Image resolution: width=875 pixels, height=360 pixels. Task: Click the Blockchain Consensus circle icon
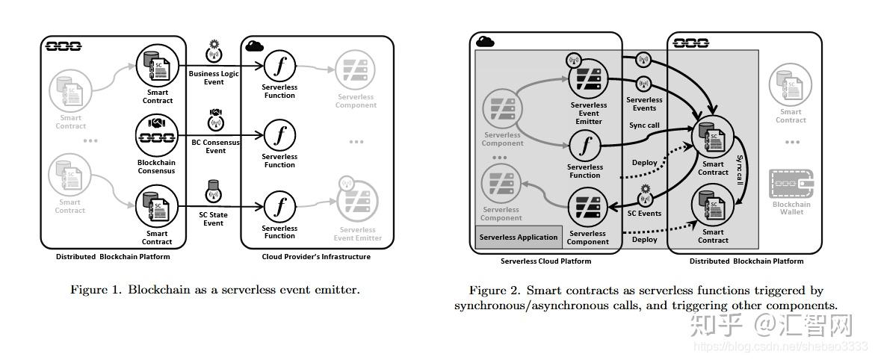[x=156, y=135]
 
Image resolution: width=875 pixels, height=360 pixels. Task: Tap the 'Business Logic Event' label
[x=214, y=78]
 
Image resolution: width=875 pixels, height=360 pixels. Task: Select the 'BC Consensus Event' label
[x=215, y=146]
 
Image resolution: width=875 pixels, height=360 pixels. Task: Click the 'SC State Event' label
[x=214, y=218]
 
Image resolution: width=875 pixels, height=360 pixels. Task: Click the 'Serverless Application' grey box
[x=519, y=238]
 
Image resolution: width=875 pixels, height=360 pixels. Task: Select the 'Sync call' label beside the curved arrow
[x=740, y=171]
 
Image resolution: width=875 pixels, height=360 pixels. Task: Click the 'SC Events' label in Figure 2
[x=644, y=213]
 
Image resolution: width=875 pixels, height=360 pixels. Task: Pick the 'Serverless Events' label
[x=644, y=103]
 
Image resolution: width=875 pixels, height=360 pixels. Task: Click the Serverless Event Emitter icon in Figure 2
[x=587, y=77]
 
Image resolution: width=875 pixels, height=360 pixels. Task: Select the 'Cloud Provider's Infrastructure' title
[x=316, y=257]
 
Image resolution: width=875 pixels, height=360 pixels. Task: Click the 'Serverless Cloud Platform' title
[x=545, y=261]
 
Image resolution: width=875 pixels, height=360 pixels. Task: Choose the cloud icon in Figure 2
[x=486, y=42]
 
